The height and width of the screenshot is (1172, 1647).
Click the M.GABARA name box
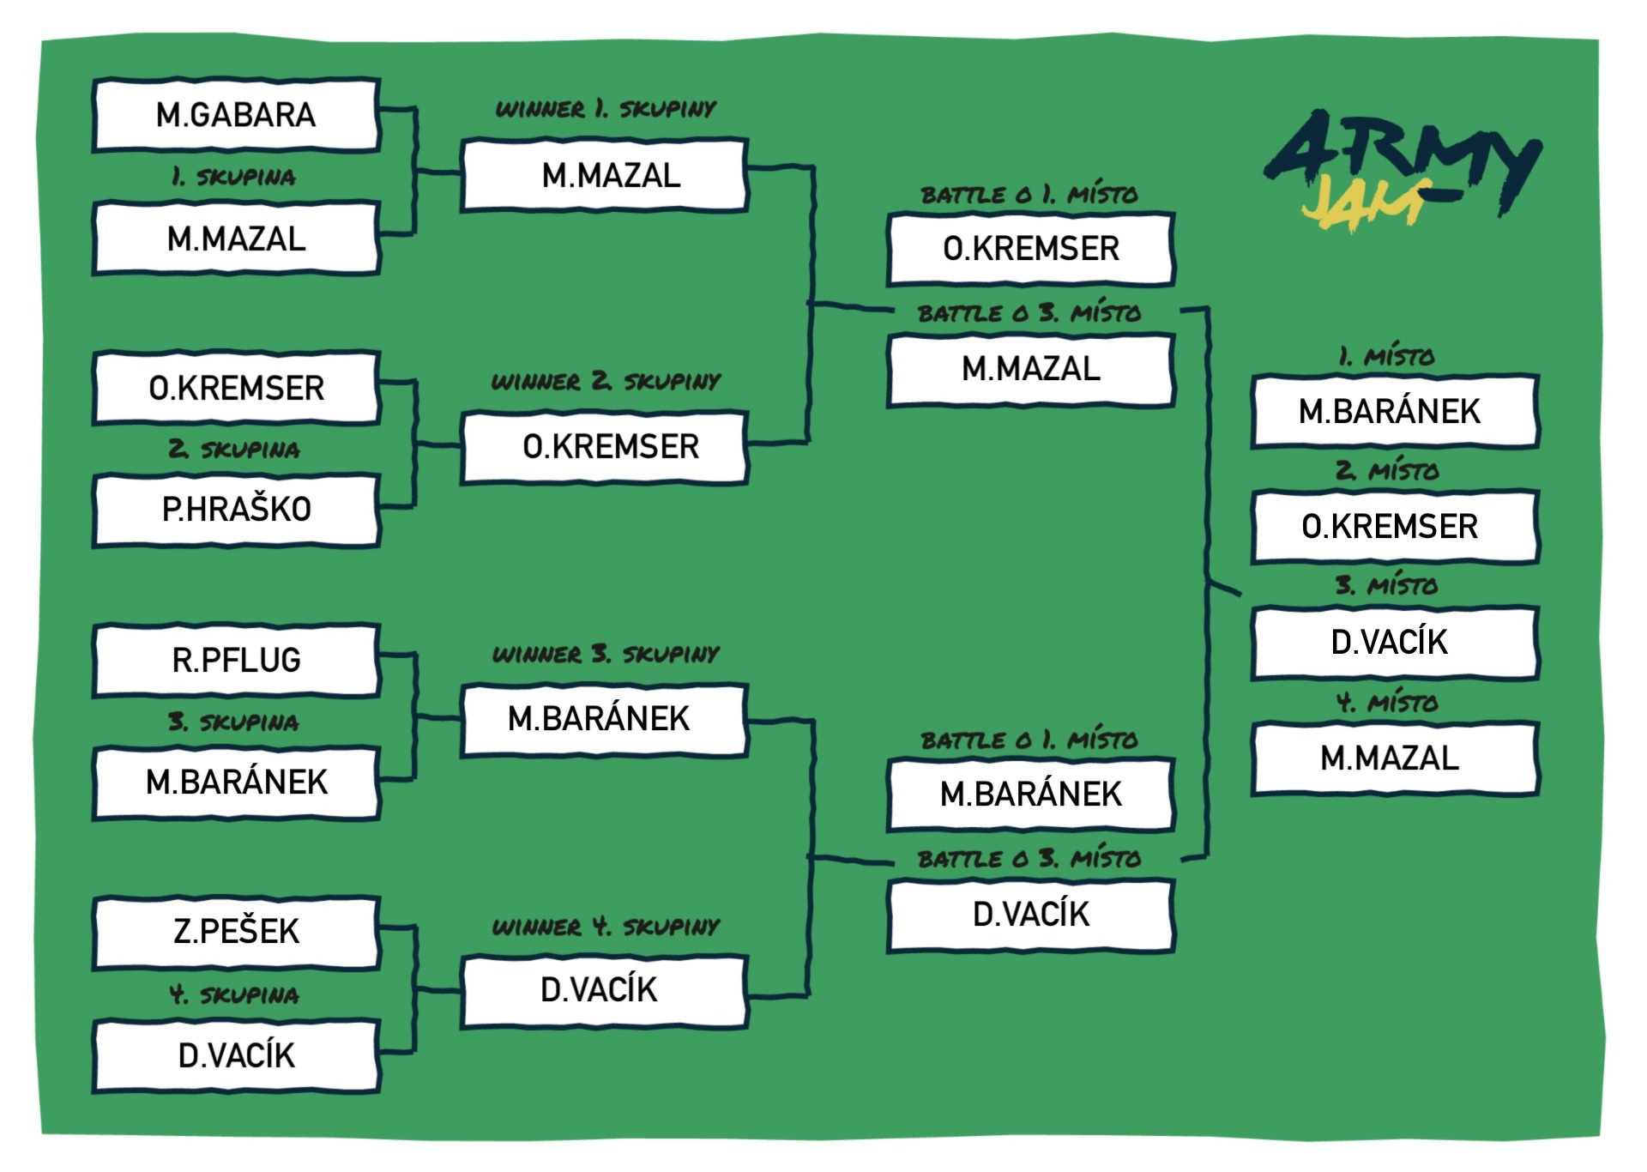236,115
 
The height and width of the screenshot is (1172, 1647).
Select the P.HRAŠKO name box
236,510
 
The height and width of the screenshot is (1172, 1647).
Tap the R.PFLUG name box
236,660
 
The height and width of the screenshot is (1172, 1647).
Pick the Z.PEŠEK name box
236,932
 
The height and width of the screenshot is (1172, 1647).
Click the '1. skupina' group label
233,177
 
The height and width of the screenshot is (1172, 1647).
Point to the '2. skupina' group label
234,449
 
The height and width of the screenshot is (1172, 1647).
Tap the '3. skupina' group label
234,722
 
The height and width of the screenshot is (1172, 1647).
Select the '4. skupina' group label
234,994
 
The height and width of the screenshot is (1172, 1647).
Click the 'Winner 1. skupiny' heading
606,109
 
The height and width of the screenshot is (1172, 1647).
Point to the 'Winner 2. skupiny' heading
606,381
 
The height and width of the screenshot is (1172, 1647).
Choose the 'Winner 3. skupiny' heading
606,654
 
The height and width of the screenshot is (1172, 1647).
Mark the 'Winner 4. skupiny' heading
606,927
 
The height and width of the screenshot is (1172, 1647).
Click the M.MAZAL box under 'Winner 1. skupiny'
605,175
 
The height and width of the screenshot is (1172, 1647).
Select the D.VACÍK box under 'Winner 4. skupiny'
605,991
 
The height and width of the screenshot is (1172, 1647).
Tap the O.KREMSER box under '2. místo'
1395,526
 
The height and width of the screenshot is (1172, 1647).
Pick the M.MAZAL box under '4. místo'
1395,758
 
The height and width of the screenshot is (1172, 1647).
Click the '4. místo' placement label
1387,703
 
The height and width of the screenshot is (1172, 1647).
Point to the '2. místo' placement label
1387,470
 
